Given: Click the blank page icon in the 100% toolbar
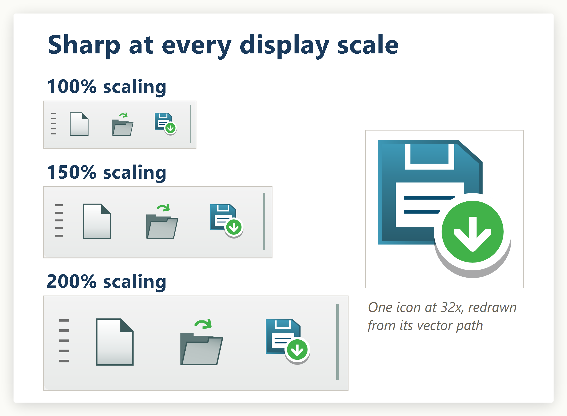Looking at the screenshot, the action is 79,124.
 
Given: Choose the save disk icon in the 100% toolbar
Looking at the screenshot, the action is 165,124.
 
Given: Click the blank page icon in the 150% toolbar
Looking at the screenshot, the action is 97,221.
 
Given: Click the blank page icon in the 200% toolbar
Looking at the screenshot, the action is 115,342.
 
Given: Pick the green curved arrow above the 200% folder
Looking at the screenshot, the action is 203,324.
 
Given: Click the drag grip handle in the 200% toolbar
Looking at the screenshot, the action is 64,341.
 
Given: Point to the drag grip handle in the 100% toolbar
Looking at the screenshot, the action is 54,124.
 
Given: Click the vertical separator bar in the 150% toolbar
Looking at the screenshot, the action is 264,222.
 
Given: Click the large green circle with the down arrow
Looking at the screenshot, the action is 472,232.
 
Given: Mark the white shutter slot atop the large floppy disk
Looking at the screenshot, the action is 429,157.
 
